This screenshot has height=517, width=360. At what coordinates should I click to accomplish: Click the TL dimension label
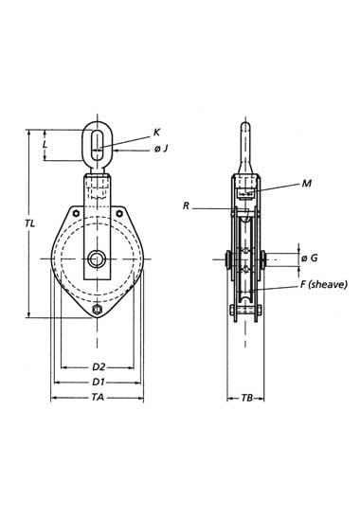pos(29,223)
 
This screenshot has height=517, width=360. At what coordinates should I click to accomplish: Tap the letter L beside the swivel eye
pos(45,144)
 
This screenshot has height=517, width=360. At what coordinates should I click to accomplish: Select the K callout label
pos(156,133)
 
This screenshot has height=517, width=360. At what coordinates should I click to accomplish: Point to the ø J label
pos(161,149)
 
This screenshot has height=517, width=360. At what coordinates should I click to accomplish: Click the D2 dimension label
pos(99,366)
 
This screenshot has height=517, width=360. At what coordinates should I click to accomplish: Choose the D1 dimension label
pos(99,382)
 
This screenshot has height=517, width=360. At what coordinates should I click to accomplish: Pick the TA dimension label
pos(98,398)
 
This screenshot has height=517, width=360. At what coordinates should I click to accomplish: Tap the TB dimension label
pos(246,398)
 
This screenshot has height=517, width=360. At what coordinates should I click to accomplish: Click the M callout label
pos(307,184)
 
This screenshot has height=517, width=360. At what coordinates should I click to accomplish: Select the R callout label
pos(186,206)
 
